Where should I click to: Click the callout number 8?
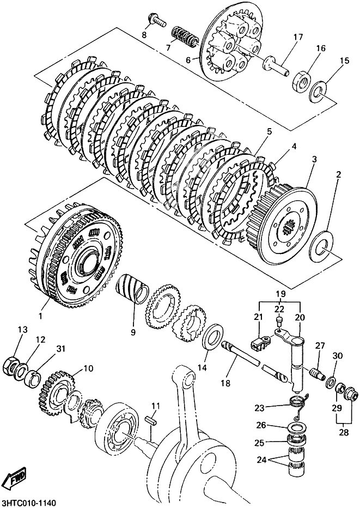pyautogui.click(x=144, y=35)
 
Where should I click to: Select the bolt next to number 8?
pyautogui.click(x=156, y=20)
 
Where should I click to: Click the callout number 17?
pyautogui.click(x=297, y=37)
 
